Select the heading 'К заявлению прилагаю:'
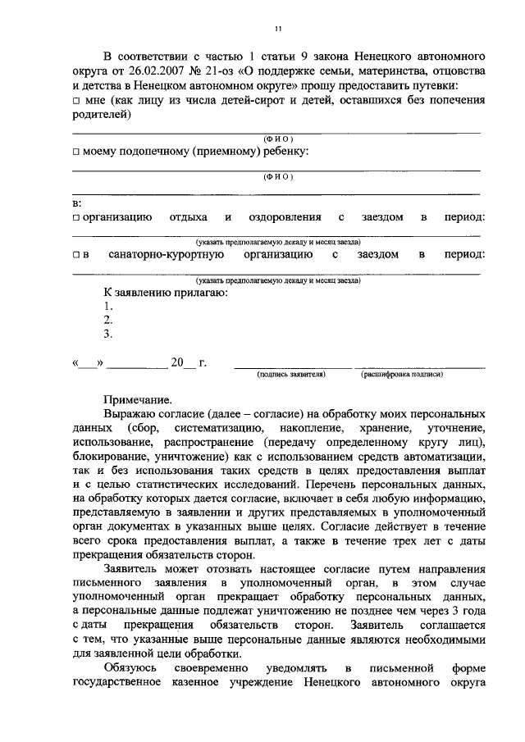[165, 292]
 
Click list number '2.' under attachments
[107, 320]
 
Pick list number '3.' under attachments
[107, 334]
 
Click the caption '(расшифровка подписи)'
[402, 374]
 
